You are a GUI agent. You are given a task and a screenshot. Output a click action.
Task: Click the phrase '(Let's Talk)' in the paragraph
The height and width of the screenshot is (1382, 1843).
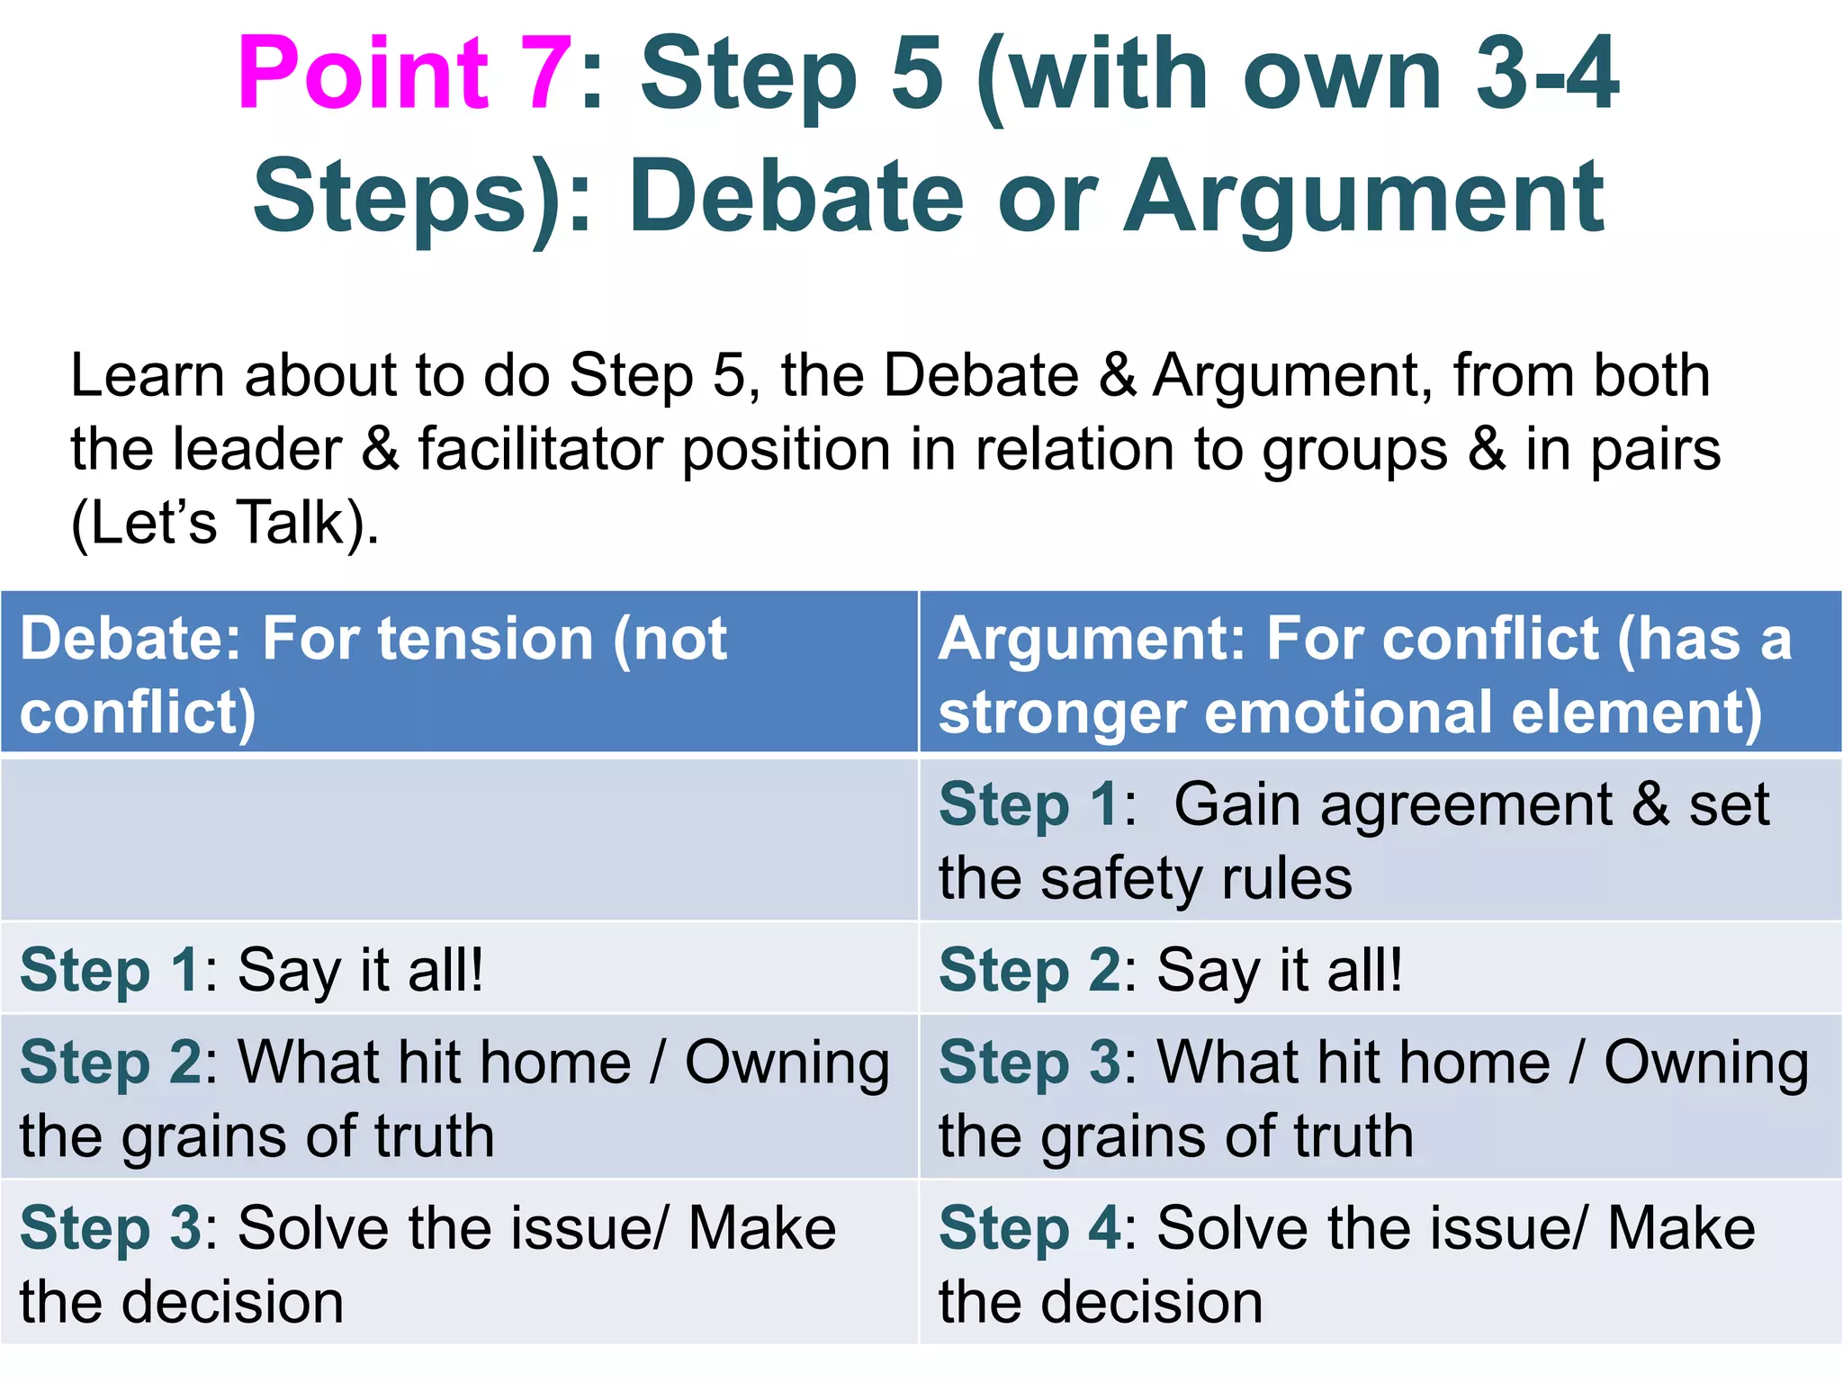tap(225, 523)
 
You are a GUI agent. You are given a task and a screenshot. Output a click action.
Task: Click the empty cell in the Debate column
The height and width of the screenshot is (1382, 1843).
tap(459, 839)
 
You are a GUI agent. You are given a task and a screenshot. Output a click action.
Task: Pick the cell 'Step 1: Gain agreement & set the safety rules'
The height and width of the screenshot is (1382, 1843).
tap(1380, 839)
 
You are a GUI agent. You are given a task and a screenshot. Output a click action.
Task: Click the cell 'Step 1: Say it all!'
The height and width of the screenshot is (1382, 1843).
tap(459, 969)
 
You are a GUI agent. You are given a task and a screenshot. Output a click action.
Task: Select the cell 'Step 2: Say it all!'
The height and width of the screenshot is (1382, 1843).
tap(1380, 969)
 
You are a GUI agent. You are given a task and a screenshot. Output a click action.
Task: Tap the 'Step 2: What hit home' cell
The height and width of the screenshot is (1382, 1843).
tap(459, 1098)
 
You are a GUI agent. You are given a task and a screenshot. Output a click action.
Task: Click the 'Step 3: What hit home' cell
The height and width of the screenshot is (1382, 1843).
tap(1380, 1098)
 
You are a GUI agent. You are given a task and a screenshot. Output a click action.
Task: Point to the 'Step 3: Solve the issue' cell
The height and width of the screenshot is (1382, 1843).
tap(459, 1263)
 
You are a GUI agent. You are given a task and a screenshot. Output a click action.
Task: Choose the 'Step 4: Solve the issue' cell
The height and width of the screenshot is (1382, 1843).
tap(1380, 1263)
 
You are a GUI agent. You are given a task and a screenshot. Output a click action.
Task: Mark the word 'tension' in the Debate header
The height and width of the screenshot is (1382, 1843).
tap(485, 639)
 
